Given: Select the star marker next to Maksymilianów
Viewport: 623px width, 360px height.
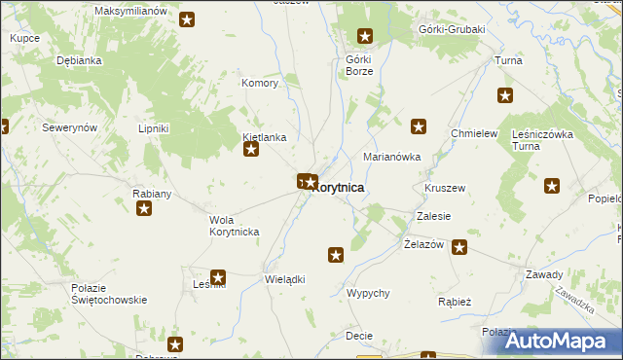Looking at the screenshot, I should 186,18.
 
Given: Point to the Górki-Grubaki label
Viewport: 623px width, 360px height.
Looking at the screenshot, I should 451,29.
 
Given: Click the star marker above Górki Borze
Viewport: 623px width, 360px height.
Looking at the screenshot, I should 365,37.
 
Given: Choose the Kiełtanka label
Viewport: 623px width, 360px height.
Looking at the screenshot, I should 264,137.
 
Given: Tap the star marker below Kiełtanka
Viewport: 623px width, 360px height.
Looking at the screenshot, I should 251,150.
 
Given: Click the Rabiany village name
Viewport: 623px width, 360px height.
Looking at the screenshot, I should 152,194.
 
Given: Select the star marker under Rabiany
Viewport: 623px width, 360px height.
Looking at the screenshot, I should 144,208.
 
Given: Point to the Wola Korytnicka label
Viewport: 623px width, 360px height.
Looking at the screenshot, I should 234,226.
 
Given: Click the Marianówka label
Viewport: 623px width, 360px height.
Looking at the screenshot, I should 391,156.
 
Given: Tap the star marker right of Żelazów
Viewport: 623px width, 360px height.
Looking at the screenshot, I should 458,247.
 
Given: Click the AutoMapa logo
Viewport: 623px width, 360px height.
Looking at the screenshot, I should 555,340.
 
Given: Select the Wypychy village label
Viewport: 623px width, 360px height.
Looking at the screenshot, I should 368,293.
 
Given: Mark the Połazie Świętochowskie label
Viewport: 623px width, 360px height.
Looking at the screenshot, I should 109,293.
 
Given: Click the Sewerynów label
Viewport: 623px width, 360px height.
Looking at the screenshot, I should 69,127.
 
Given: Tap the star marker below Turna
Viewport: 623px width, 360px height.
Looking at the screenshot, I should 505,95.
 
